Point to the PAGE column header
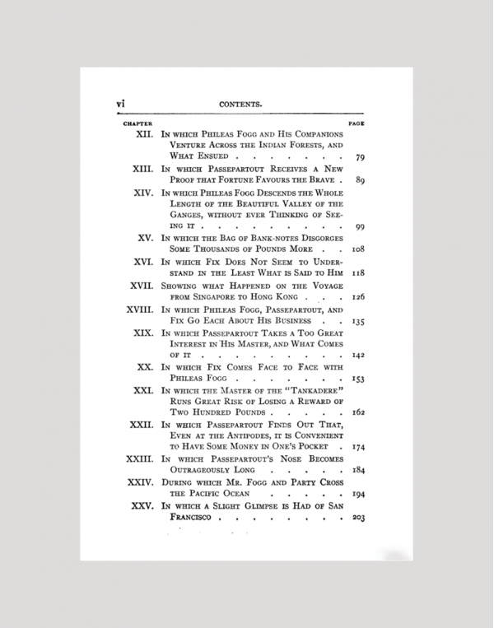(357, 123)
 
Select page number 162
(358, 412)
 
